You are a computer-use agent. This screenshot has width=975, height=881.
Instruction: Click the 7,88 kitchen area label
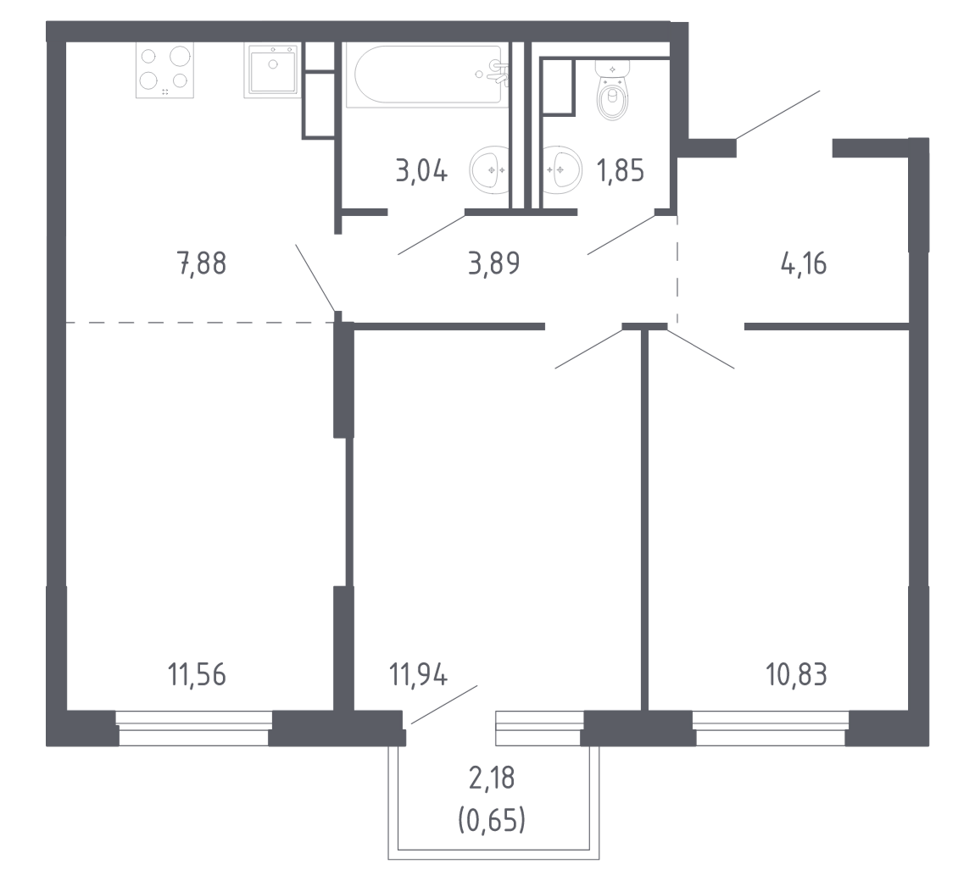tap(202, 263)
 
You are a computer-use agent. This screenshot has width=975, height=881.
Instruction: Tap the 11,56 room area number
tap(197, 675)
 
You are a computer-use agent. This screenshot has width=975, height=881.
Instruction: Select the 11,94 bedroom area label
tap(418, 675)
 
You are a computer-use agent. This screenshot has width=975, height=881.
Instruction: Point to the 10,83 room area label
tap(797, 675)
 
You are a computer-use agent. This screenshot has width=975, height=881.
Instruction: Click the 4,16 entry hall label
tap(804, 263)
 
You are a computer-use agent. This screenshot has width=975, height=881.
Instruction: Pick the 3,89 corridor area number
tap(493, 263)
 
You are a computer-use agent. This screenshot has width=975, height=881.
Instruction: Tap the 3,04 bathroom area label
tap(421, 171)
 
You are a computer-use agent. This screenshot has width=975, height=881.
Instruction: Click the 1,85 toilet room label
tap(620, 171)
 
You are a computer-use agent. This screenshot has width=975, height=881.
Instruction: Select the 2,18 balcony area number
tap(492, 778)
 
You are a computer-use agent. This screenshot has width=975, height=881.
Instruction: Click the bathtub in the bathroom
tap(427, 75)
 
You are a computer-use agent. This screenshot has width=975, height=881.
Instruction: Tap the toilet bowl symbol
tap(612, 90)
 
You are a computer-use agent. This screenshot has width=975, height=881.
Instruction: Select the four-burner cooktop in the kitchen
tap(164, 70)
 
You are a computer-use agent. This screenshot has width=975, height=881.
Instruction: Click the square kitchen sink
tap(272, 70)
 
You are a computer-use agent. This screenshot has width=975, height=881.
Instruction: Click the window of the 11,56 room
tap(194, 729)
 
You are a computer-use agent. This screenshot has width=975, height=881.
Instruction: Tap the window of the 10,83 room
tap(771, 729)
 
